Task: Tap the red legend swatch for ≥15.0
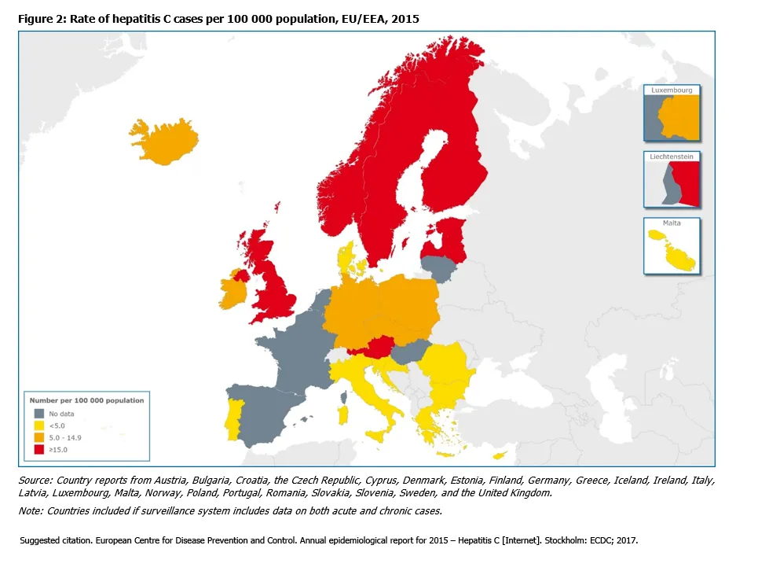[x=38, y=449]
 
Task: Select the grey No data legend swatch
[x=38, y=412]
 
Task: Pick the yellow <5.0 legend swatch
[x=38, y=425]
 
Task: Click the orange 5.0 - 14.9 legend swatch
[x=38, y=436]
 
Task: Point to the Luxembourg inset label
[x=672, y=90]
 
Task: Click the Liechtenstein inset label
[x=672, y=157]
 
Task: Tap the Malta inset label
[x=672, y=223]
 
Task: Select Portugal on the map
[x=233, y=416]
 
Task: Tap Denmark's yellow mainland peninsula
[x=346, y=260]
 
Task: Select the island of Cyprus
[x=496, y=456]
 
